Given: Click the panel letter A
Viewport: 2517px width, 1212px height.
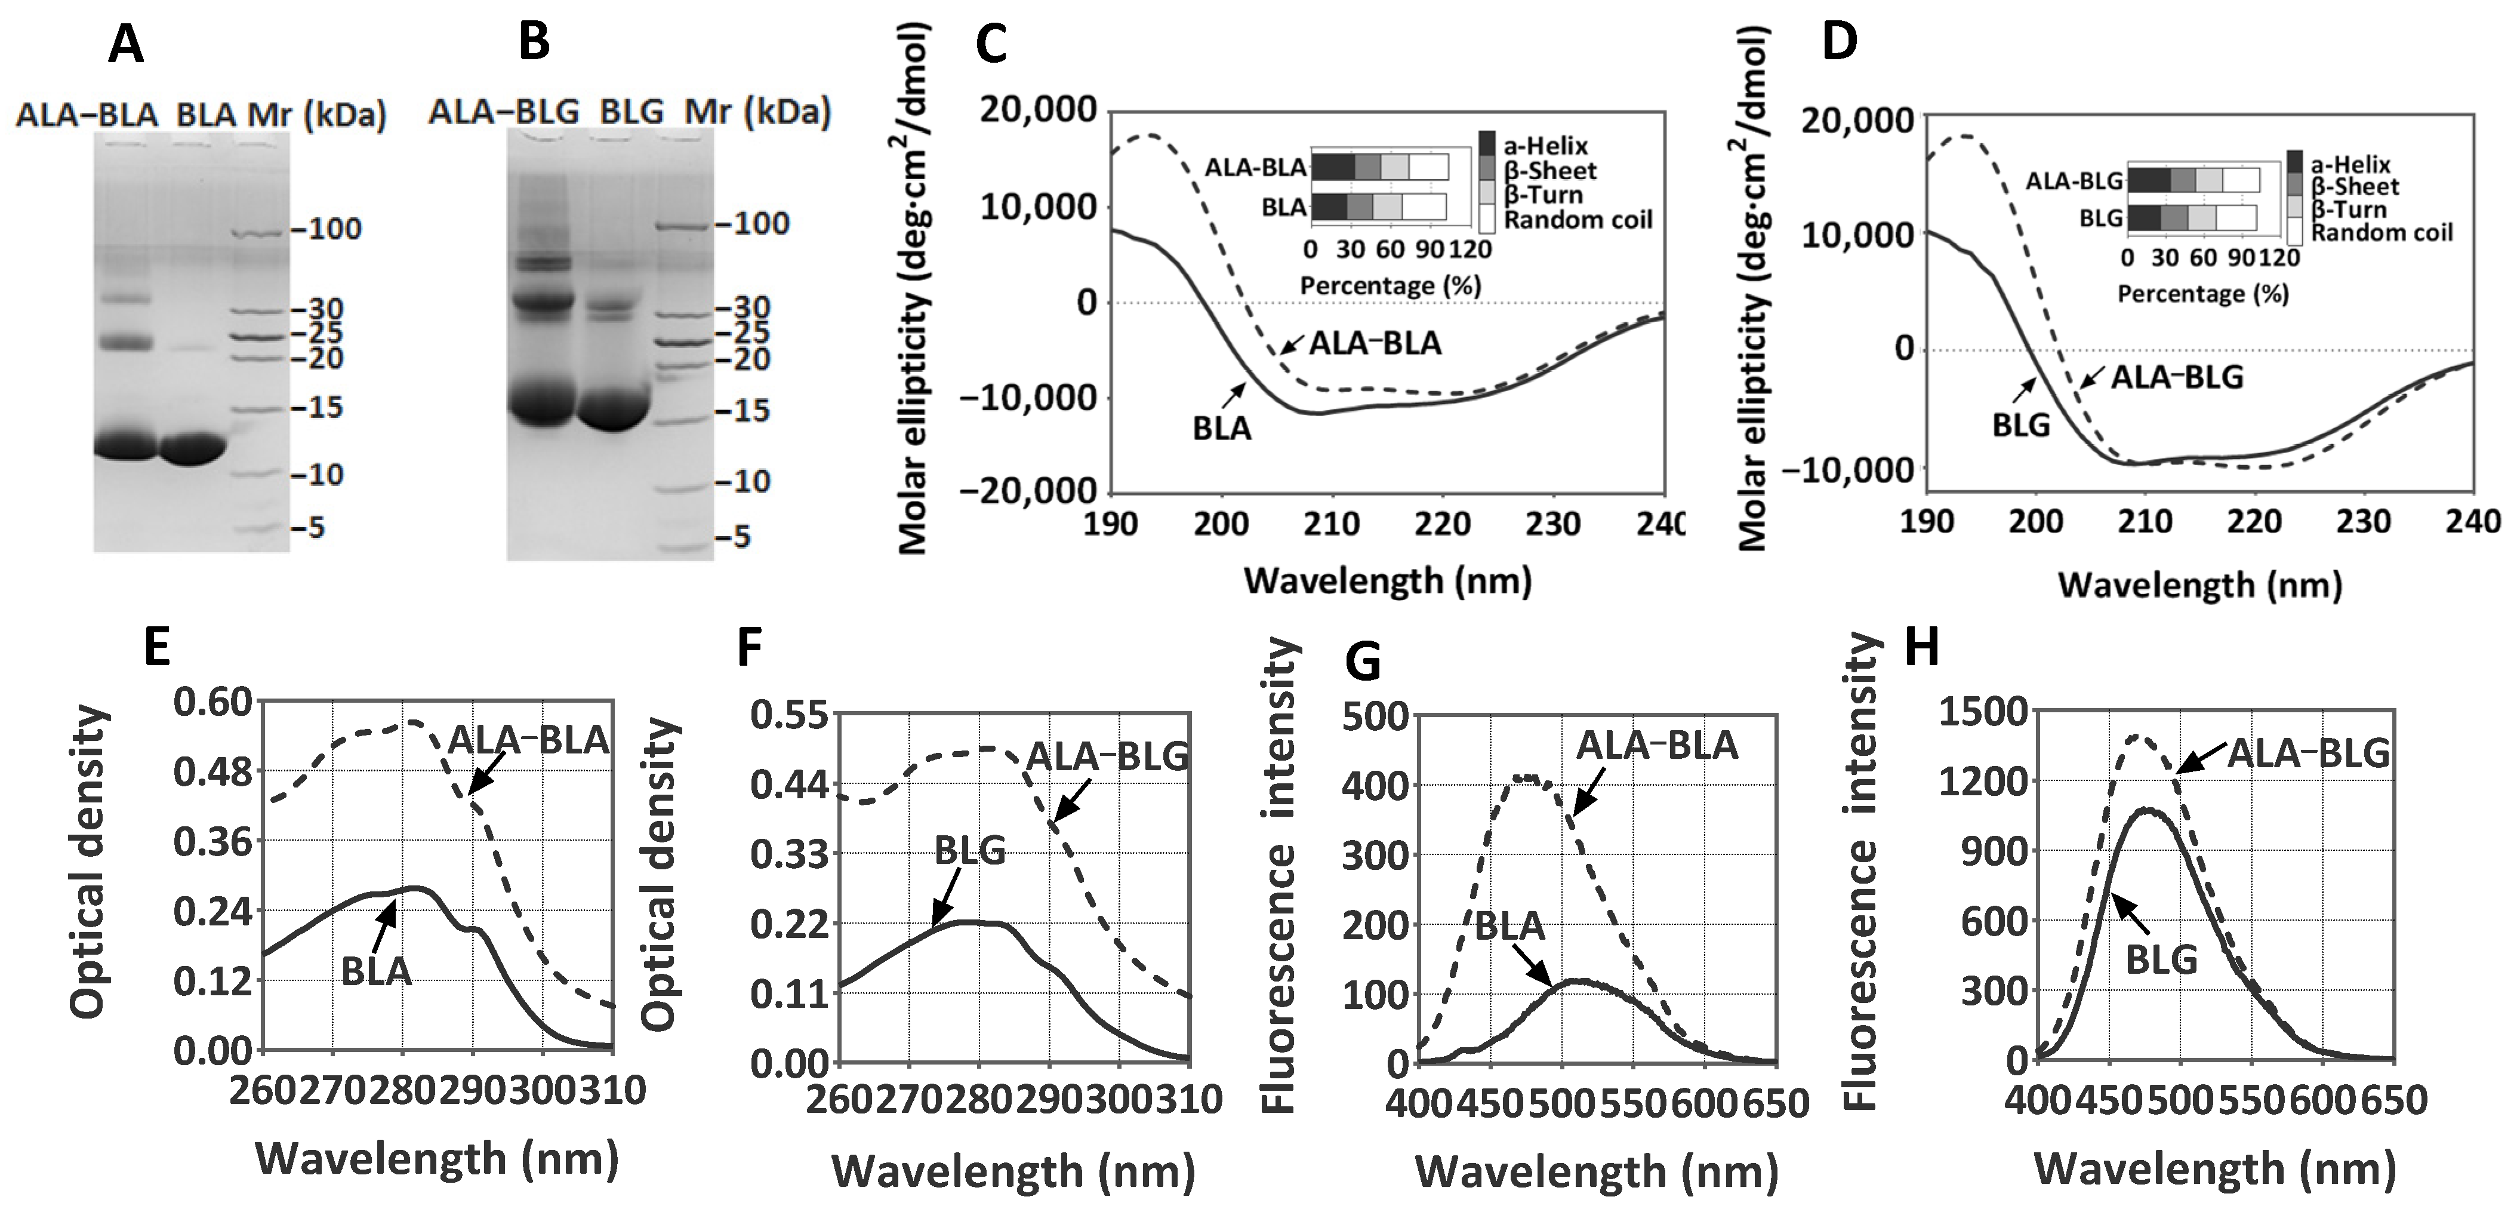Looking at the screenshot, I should coord(125,45).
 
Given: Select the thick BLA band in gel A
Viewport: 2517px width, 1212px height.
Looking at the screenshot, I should coord(192,450).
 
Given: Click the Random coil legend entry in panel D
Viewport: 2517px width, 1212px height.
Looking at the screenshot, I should coord(2381,233).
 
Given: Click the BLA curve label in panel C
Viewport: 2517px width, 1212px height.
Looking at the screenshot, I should coord(1221,428).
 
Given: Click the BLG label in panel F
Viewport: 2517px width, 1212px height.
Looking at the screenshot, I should coord(969,850).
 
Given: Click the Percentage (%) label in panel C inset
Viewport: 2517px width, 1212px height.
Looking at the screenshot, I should coord(1390,287).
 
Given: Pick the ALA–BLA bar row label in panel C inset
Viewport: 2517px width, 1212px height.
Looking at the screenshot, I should coord(1255,168).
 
